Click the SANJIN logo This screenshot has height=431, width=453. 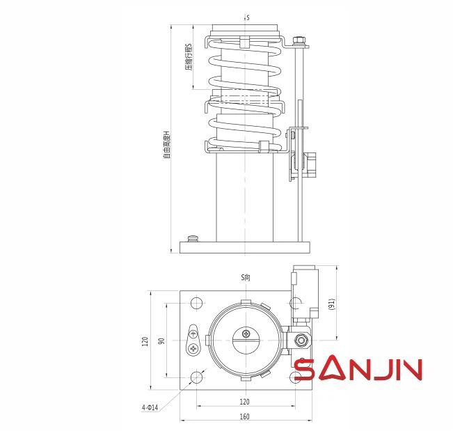coord(358,368)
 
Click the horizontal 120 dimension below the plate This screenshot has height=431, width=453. coord(244,402)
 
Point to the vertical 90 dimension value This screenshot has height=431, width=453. coord(162,341)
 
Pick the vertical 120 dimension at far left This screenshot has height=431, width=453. coord(145,341)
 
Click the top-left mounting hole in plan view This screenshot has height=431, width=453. coord(197,304)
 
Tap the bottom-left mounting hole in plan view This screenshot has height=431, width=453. coord(197,377)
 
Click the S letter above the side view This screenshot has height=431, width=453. coord(247,15)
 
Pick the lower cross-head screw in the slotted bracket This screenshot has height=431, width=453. coord(193,348)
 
